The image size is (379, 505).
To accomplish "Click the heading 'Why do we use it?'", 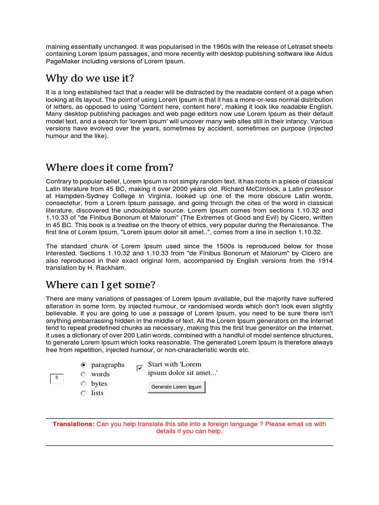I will coord(89,78).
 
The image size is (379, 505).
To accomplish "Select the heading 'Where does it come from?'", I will coord(110,167).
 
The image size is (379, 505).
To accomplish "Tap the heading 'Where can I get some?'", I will coord(101,285).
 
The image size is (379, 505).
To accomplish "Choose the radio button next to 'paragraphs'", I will coord(83,365).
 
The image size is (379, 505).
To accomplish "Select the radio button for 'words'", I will coord(83,374).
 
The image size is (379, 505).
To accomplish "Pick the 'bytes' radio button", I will coord(83,384).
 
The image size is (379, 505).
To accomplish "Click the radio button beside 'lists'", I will coord(83,393).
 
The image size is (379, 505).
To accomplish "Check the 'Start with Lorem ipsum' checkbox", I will coord(140,368).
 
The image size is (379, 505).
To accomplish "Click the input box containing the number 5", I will coord(57,378).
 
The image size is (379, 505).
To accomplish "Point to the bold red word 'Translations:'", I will coord(74,424).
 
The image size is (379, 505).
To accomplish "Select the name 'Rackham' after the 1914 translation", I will coord(114,268).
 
